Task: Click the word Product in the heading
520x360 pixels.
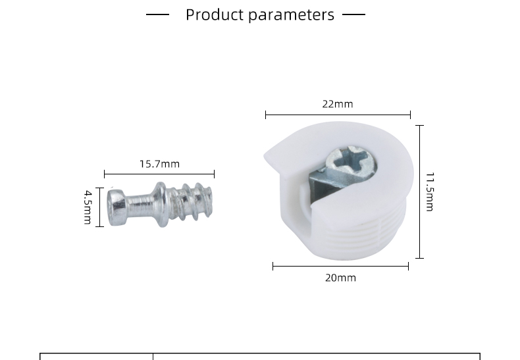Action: click(215, 15)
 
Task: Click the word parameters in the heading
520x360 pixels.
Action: click(291, 16)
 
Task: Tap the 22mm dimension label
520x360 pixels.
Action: click(338, 104)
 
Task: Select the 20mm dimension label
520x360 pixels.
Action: click(340, 278)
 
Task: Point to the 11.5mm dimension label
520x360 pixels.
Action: click(430, 192)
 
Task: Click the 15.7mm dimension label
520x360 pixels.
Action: click(159, 164)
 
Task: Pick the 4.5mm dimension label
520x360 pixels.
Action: click(88, 207)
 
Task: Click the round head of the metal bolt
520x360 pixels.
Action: click(117, 207)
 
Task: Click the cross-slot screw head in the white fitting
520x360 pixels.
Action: click(351, 163)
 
